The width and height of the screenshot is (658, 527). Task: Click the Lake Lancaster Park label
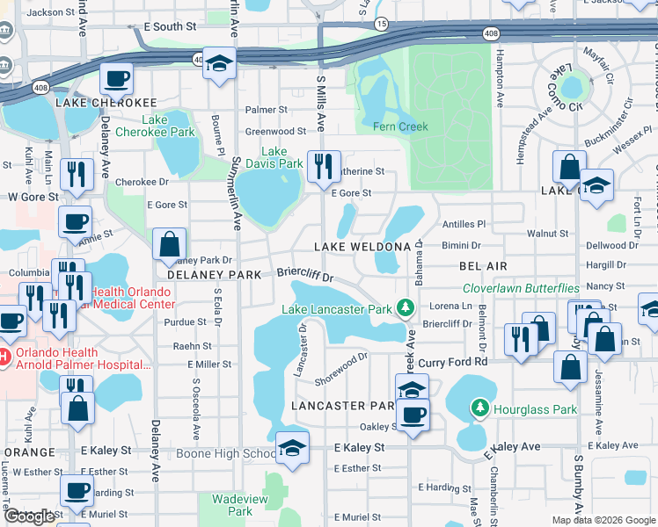pyautogui.click(x=336, y=309)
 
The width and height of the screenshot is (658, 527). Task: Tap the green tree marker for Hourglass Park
pyautogui.click(x=479, y=408)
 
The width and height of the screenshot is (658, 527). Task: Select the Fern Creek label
pyautogui.click(x=400, y=126)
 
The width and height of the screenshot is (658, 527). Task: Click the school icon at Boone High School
pyautogui.click(x=292, y=449)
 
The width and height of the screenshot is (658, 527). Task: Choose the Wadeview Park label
pyautogui.click(x=239, y=505)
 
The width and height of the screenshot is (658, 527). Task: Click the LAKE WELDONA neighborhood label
pyautogui.click(x=362, y=247)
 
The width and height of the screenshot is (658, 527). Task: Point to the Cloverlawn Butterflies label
pyautogui.click(x=522, y=288)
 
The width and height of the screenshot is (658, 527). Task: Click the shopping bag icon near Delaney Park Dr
pyautogui.click(x=169, y=244)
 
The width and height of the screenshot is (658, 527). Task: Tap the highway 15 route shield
pyautogui.click(x=380, y=24)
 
